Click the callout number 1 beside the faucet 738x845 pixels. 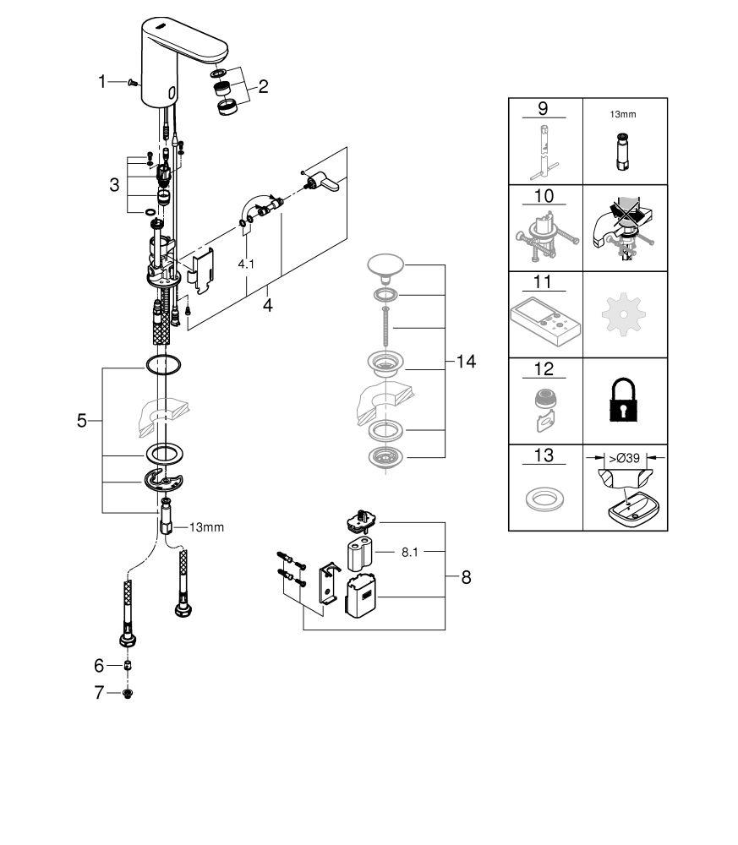point(102,82)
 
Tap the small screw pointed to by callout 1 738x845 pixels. point(131,82)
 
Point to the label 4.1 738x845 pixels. point(246,264)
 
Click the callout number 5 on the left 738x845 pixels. point(82,420)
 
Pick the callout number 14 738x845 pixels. point(466,362)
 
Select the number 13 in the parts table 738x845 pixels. point(544,456)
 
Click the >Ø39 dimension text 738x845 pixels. point(627,456)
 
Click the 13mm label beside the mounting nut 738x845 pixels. point(206,527)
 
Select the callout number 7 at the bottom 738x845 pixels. point(99,693)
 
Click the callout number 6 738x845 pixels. point(99,666)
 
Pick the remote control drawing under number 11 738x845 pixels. point(544,324)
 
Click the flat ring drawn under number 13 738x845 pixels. point(544,499)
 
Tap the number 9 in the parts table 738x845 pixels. point(544,109)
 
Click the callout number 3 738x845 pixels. point(114,183)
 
